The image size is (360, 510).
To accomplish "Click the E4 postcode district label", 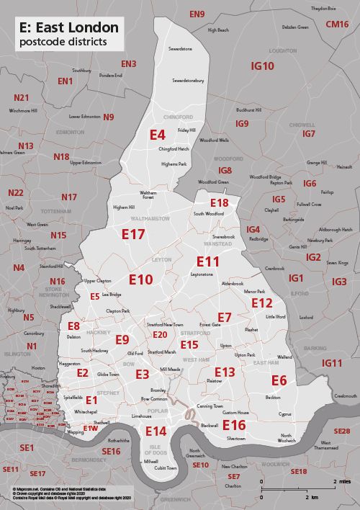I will coord(158,134).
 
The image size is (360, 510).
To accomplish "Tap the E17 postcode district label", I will coord(133,234).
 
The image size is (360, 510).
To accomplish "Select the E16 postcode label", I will coord(234,425).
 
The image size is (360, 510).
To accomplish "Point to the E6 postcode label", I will coord(279,380).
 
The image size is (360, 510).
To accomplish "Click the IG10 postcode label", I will coord(262,66).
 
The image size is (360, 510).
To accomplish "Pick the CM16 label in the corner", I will coord(337,24).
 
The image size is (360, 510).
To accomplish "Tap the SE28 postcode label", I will coord(341,431).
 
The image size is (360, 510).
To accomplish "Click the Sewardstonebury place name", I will coord(189,81).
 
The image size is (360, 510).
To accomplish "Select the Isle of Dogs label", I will coord(155,452).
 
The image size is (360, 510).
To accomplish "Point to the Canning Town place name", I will coord(210,406).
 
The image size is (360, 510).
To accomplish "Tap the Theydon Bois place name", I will coord(323,8).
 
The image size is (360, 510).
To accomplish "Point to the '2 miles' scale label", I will coord(342,481).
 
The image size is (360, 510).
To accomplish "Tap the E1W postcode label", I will coord(90,428).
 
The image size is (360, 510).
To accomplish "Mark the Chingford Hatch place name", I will coord(174,148).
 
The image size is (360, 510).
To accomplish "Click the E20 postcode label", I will coord(160,335).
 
